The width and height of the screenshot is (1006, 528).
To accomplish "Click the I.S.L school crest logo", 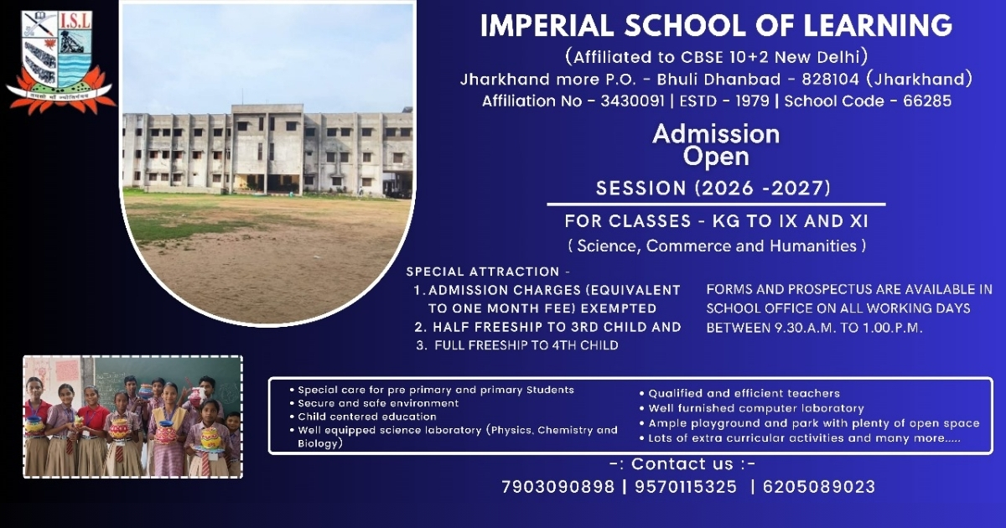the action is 60,62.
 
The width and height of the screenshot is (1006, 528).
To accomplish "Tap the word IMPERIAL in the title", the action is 547,26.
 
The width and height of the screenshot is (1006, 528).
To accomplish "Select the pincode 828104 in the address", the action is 831,79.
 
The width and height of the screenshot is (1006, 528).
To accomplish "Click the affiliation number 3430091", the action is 632,101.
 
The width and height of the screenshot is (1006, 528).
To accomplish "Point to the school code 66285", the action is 927,101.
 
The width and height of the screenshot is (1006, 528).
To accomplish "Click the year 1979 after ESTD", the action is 752,101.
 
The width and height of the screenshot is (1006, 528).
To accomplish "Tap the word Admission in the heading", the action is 716,134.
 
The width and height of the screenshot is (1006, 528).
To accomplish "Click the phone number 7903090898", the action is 557,487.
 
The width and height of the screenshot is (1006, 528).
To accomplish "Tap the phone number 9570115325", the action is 686,487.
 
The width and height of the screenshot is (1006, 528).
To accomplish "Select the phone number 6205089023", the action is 819,487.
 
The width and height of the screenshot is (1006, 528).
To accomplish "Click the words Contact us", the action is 682,463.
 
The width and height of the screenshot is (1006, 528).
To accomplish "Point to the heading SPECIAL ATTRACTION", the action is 483,272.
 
